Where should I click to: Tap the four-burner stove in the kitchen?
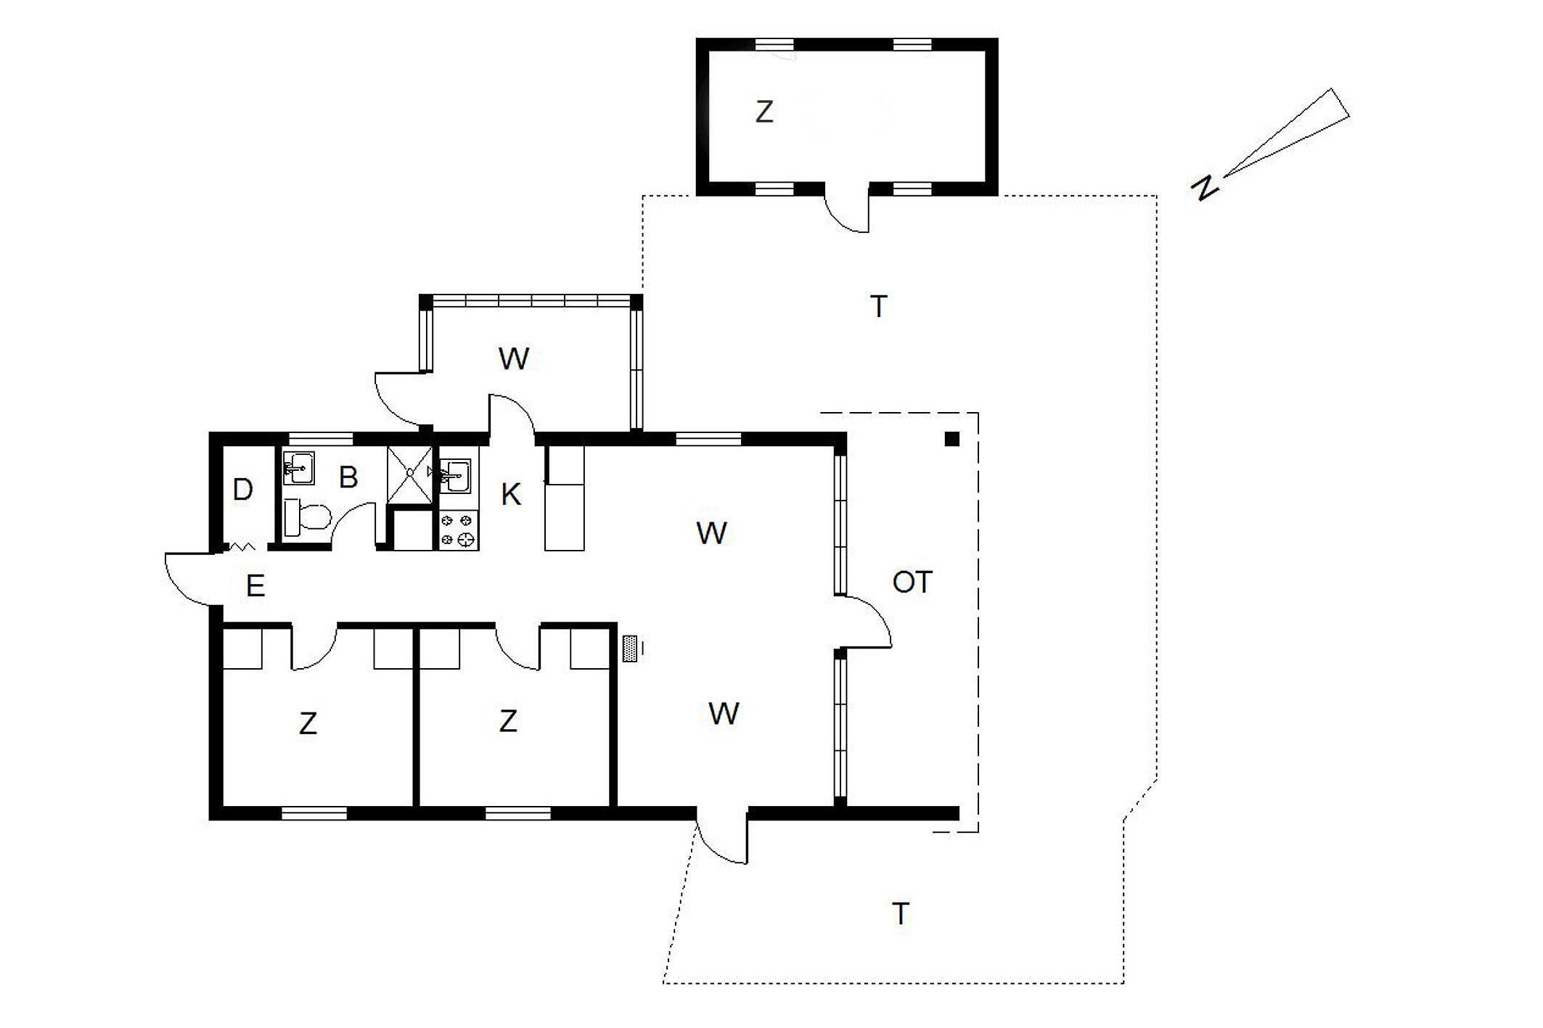(x=459, y=530)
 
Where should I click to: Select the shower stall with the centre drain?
(x=410, y=474)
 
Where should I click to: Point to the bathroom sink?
(x=298, y=468)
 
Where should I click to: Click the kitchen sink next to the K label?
(x=455, y=475)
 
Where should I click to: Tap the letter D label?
(x=242, y=490)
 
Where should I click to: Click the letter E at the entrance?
(x=255, y=585)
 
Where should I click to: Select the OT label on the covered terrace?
(x=912, y=582)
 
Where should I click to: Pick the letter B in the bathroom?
(x=348, y=477)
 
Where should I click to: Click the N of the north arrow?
(x=1205, y=188)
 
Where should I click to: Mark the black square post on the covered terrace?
(x=952, y=439)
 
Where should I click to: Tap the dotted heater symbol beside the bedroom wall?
(x=630, y=649)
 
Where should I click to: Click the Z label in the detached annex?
(x=764, y=112)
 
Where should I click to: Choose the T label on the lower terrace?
(x=901, y=914)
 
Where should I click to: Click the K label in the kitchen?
(x=510, y=495)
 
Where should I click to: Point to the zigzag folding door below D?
(x=241, y=547)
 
